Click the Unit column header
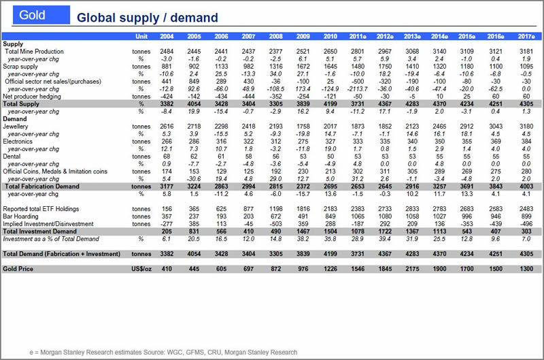(x=141, y=35)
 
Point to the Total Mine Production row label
(x=34, y=52)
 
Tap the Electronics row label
(x=18, y=142)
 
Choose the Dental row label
(x=12, y=157)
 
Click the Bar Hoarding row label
(x=22, y=216)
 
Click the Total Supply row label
(x=23, y=104)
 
